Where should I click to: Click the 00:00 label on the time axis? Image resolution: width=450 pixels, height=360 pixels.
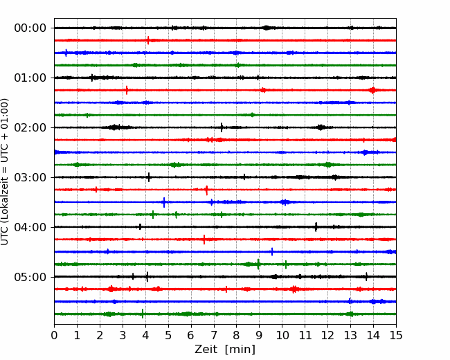tap(30, 28)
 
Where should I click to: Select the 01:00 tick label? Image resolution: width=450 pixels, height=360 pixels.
tap(30, 78)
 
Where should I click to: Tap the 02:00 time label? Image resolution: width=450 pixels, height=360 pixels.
tap(30, 127)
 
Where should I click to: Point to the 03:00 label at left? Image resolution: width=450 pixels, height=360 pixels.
tap(30, 177)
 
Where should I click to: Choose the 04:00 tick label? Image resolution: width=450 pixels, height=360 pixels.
tap(30, 227)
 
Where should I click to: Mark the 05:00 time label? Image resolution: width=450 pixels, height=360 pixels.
tap(30, 277)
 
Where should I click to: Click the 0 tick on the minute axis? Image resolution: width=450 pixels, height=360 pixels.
tap(54, 335)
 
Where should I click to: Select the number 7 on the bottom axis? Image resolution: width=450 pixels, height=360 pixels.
tap(213, 335)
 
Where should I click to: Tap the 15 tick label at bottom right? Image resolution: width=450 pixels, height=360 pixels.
tap(396, 335)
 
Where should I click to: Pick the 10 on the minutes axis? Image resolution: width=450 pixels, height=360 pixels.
tap(282, 335)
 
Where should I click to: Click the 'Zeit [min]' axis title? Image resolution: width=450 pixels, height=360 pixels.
tap(225, 350)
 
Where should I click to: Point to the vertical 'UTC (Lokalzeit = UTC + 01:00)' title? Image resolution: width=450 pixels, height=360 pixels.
tap(4, 172)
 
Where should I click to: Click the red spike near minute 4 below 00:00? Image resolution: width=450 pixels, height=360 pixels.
tap(148, 40)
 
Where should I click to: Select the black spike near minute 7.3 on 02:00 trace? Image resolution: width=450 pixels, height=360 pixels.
tap(222, 127)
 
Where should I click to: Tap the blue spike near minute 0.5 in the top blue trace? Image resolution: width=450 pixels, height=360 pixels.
tap(66, 53)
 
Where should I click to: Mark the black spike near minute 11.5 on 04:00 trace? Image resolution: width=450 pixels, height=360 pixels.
tap(316, 227)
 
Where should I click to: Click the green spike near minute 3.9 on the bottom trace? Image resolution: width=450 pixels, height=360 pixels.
tap(143, 314)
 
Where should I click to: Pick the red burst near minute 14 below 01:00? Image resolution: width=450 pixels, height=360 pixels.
tap(372, 90)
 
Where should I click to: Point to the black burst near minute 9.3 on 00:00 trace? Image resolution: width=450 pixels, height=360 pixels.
tap(267, 28)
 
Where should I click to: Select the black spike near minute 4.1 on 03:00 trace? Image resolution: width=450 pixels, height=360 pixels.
tap(149, 177)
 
